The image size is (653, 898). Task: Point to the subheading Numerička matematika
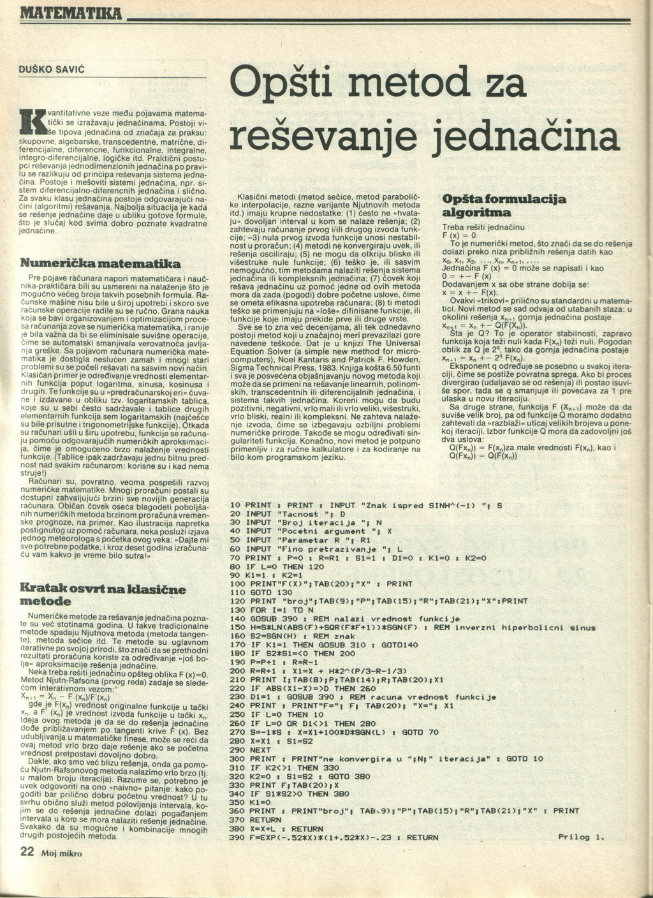(x=100, y=263)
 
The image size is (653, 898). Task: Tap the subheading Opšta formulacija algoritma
(x=504, y=205)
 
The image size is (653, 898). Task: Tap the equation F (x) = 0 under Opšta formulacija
(x=459, y=235)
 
